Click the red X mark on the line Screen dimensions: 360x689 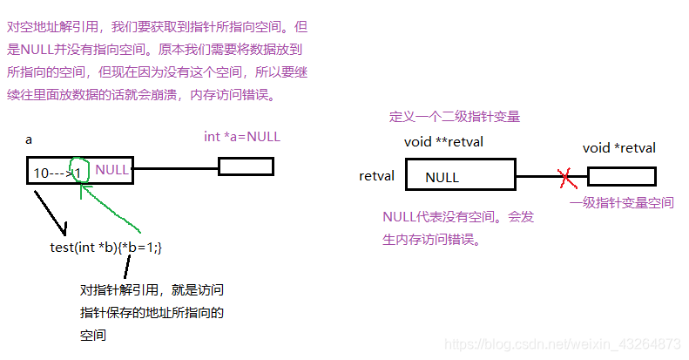click(567, 178)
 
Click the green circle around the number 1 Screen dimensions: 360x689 click(79, 172)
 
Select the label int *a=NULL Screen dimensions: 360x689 click(242, 137)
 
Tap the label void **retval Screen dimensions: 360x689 click(443, 142)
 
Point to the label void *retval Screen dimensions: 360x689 click(618, 148)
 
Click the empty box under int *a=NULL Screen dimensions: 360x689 click(246, 166)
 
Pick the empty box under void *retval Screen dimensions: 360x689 click(621, 177)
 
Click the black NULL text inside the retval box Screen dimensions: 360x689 click(442, 178)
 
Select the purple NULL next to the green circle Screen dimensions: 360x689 click(112, 171)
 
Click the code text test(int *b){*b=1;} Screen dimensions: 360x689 click(106, 248)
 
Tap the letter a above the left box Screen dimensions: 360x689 click(29, 139)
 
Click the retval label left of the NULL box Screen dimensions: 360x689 click(376, 176)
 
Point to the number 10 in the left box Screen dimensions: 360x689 click(41, 173)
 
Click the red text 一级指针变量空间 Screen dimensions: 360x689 click(622, 203)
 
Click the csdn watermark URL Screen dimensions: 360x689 click(562, 344)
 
